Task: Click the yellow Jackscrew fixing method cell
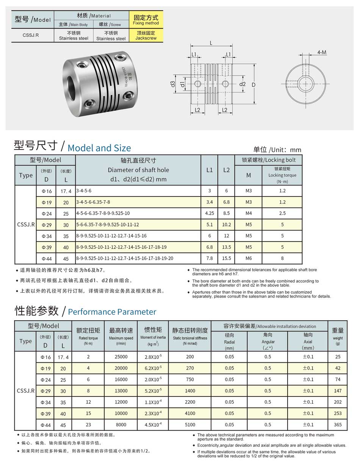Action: coord(146,36)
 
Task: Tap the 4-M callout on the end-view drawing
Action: coord(322,52)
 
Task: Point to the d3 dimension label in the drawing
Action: coord(173,84)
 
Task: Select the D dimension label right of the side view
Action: coord(254,85)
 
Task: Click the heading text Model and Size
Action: coord(99,148)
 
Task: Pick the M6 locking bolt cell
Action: coord(249,259)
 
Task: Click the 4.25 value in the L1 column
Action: coord(210,213)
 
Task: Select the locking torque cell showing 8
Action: coord(282,259)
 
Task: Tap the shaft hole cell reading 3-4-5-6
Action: coord(84,191)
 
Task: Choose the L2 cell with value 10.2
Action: coord(226,225)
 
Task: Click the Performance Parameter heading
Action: coord(112,312)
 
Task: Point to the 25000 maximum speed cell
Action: coord(121,357)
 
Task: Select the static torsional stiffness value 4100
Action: coord(190,413)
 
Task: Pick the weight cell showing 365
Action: coord(338,425)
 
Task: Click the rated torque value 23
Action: coord(88,425)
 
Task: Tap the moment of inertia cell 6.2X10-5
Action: coord(153,368)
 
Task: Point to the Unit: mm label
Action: coord(277,150)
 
